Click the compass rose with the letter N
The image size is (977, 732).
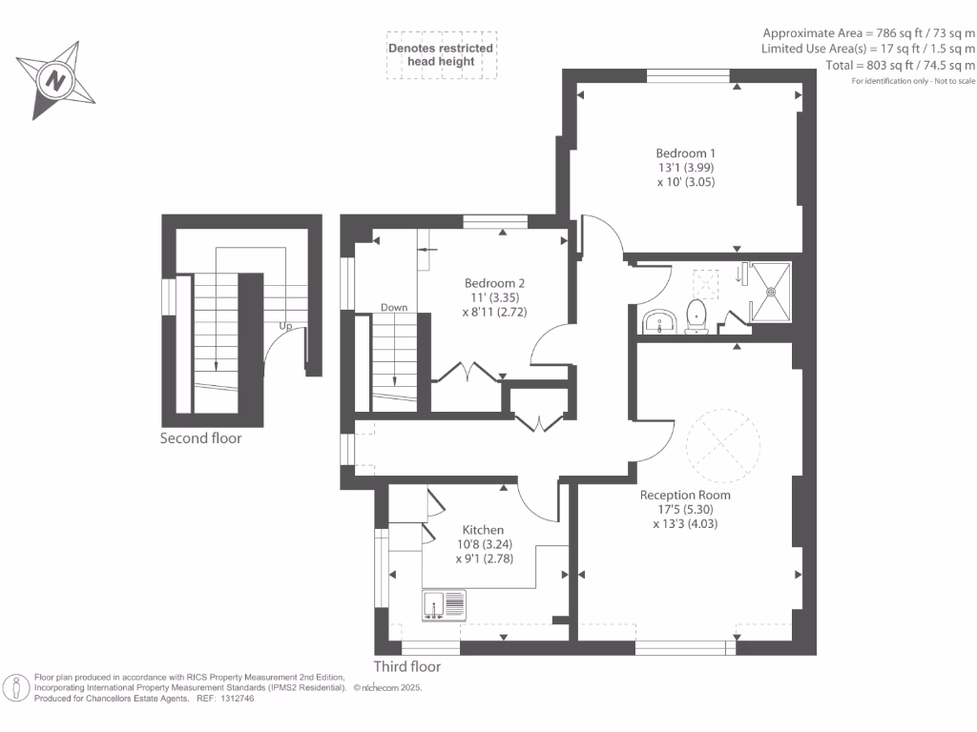56,80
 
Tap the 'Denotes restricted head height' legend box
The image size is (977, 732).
440,55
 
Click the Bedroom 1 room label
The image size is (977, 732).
685,153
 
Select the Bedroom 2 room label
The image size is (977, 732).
494,283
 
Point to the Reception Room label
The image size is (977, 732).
685,495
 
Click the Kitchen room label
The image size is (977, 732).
483,530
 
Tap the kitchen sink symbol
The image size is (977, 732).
445,605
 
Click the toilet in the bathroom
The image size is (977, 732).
696,315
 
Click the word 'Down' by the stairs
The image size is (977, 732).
394,308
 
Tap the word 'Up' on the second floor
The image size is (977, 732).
284,326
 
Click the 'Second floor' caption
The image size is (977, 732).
201,439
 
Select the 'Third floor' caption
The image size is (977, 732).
407,666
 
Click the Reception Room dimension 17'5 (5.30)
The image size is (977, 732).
685,509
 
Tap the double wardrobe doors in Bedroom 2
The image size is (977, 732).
467,373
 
